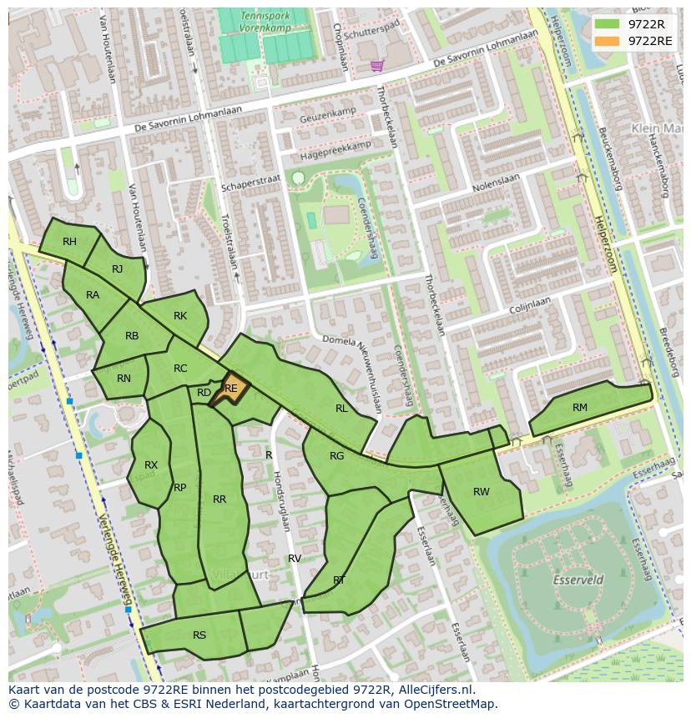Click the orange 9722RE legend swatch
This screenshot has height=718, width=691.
point(608,41)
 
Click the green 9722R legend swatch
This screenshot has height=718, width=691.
point(608,24)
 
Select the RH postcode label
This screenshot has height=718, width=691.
point(69,242)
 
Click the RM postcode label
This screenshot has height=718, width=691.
point(580,408)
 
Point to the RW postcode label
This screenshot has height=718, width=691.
point(482,492)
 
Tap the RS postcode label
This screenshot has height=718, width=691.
point(199,635)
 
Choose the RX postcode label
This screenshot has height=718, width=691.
point(151,465)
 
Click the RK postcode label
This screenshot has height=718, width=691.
point(180,316)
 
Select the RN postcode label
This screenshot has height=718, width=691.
point(124,379)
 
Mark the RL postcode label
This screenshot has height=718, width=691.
point(341,409)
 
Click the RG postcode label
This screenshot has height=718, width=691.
point(336,456)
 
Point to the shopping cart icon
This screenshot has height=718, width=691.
point(377,65)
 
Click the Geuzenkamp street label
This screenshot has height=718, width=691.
point(328,117)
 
